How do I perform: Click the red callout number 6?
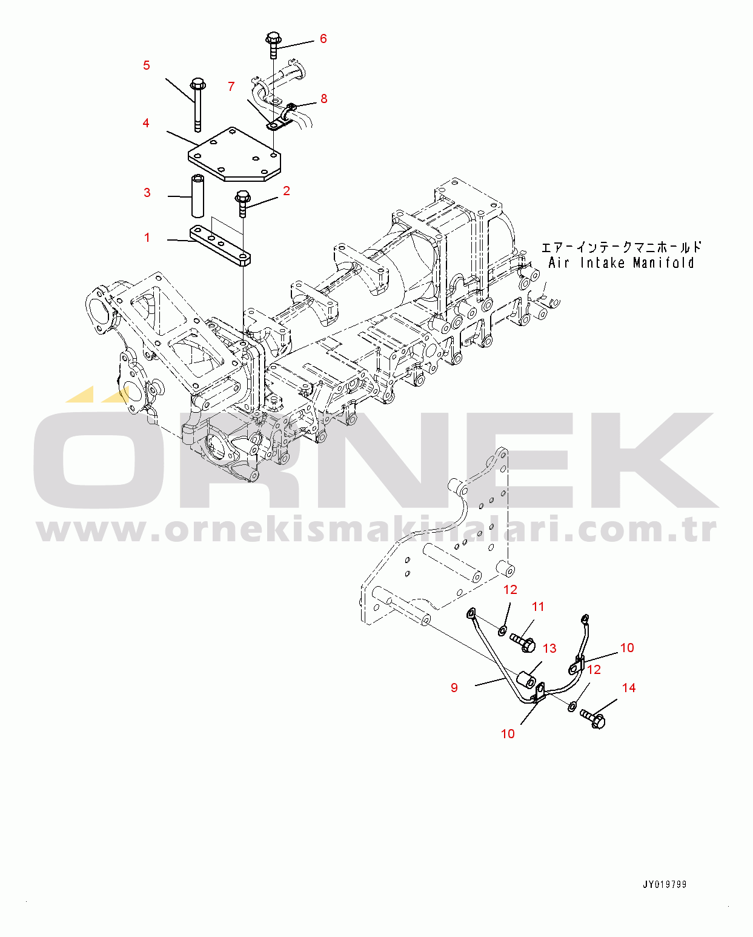[323, 39]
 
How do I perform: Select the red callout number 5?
[146, 65]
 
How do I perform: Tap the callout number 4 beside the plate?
[145, 123]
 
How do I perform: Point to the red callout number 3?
[147, 193]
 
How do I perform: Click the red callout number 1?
[147, 238]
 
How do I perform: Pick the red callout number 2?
[286, 191]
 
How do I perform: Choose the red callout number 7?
[231, 87]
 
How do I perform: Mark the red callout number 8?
[323, 99]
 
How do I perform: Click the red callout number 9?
[454, 687]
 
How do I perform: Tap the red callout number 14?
[628, 687]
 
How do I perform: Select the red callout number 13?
[549, 649]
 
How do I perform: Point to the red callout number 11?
[538, 607]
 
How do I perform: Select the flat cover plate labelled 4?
[235, 155]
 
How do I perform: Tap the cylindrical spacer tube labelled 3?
[198, 196]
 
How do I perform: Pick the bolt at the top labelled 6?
[273, 45]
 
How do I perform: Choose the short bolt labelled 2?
[242, 202]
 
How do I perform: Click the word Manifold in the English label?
[663, 263]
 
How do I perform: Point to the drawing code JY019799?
[665, 884]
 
